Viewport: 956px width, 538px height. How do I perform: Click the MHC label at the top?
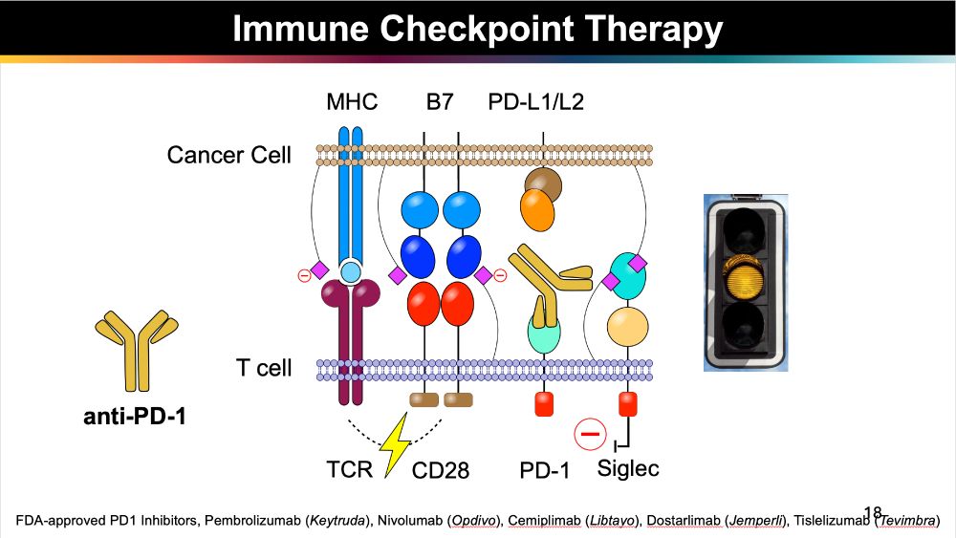pyautogui.click(x=352, y=101)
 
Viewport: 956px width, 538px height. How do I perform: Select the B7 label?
pyautogui.click(x=440, y=101)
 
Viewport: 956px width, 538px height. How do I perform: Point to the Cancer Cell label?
pyautogui.click(x=229, y=155)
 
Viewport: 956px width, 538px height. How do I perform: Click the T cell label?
pyautogui.click(x=264, y=368)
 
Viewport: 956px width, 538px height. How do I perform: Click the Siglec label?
pyautogui.click(x=628, y=468)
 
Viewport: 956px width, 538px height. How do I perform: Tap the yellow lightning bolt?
pyautogui.click(x=394, y=445)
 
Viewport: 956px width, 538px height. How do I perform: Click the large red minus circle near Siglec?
pyautogui.click(x=590, y=436)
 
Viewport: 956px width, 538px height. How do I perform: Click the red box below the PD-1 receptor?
pyautogui.click(x=544, y=403)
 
